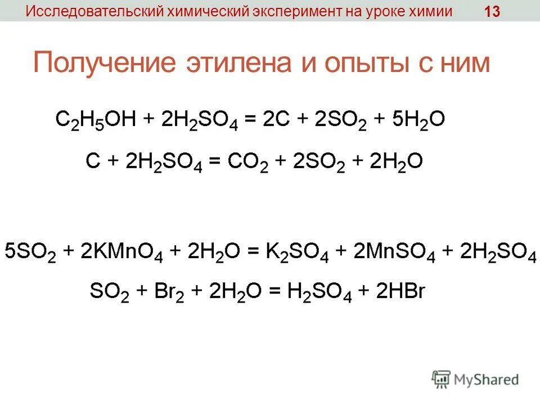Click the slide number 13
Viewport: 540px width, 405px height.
pyautogui.click(x=492, y=12)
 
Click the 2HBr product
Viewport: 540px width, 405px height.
pyautogui.click(x=399, y=291)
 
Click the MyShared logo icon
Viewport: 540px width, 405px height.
pyautogui.click(x=442, y=379)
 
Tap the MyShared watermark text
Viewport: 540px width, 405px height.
pyautogui.click(x=486, y=380)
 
